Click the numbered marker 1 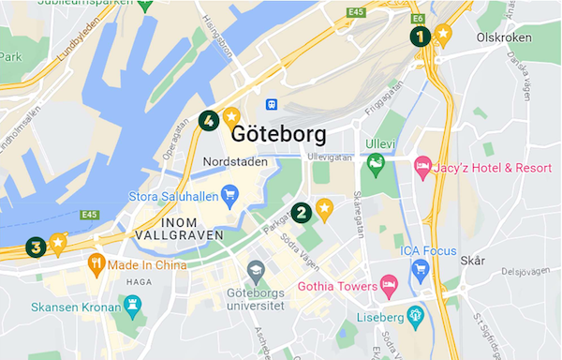[420, 37]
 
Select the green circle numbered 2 [302, 212]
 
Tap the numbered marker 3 [36, 247]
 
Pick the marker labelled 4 [209, 120]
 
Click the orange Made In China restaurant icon [95, 265]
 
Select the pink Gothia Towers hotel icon [388, 285]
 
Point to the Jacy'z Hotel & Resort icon [422, 168]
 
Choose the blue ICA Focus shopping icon [420, 270]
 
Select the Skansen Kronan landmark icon [132, 306]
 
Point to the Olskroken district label [504, 38]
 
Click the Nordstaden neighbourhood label [235, 162]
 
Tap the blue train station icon [271, 103]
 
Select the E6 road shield [418, 18]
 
